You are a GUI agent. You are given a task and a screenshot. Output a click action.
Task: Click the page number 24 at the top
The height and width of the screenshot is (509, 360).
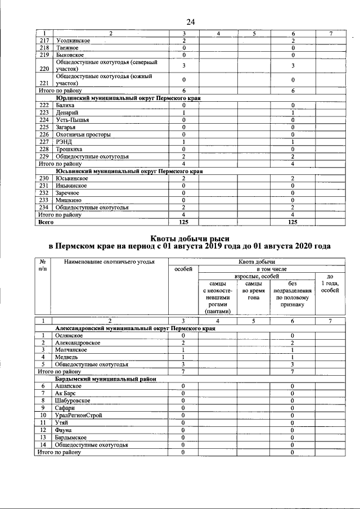[x=190, y=22]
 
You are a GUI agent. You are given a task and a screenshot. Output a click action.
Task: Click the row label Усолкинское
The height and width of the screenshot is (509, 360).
[x=74, y=42]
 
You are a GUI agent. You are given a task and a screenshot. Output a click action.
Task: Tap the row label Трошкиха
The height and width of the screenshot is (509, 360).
[x=69, y=149]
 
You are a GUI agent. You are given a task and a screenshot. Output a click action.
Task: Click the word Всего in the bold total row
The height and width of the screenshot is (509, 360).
[x=46, y=222]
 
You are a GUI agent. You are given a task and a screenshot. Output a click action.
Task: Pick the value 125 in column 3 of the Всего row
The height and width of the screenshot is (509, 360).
[x=183, y=222]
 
